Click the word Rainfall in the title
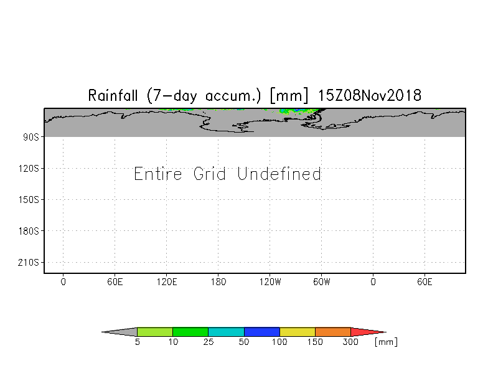(115, 96)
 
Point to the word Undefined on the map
(279, 174)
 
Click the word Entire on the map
(158, 174)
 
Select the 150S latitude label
(29, 200)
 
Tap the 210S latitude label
(29, 263)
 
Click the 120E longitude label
(167, 282)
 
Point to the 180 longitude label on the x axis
(218, 282)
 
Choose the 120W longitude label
(270, 282)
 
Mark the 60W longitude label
(321, 282)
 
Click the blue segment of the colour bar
(261, 332)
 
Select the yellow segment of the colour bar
(298, 332)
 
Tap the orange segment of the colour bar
(333, 332)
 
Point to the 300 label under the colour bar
(351, 342)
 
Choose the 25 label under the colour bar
(208, 342)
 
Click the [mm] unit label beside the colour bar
(386, 342)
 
